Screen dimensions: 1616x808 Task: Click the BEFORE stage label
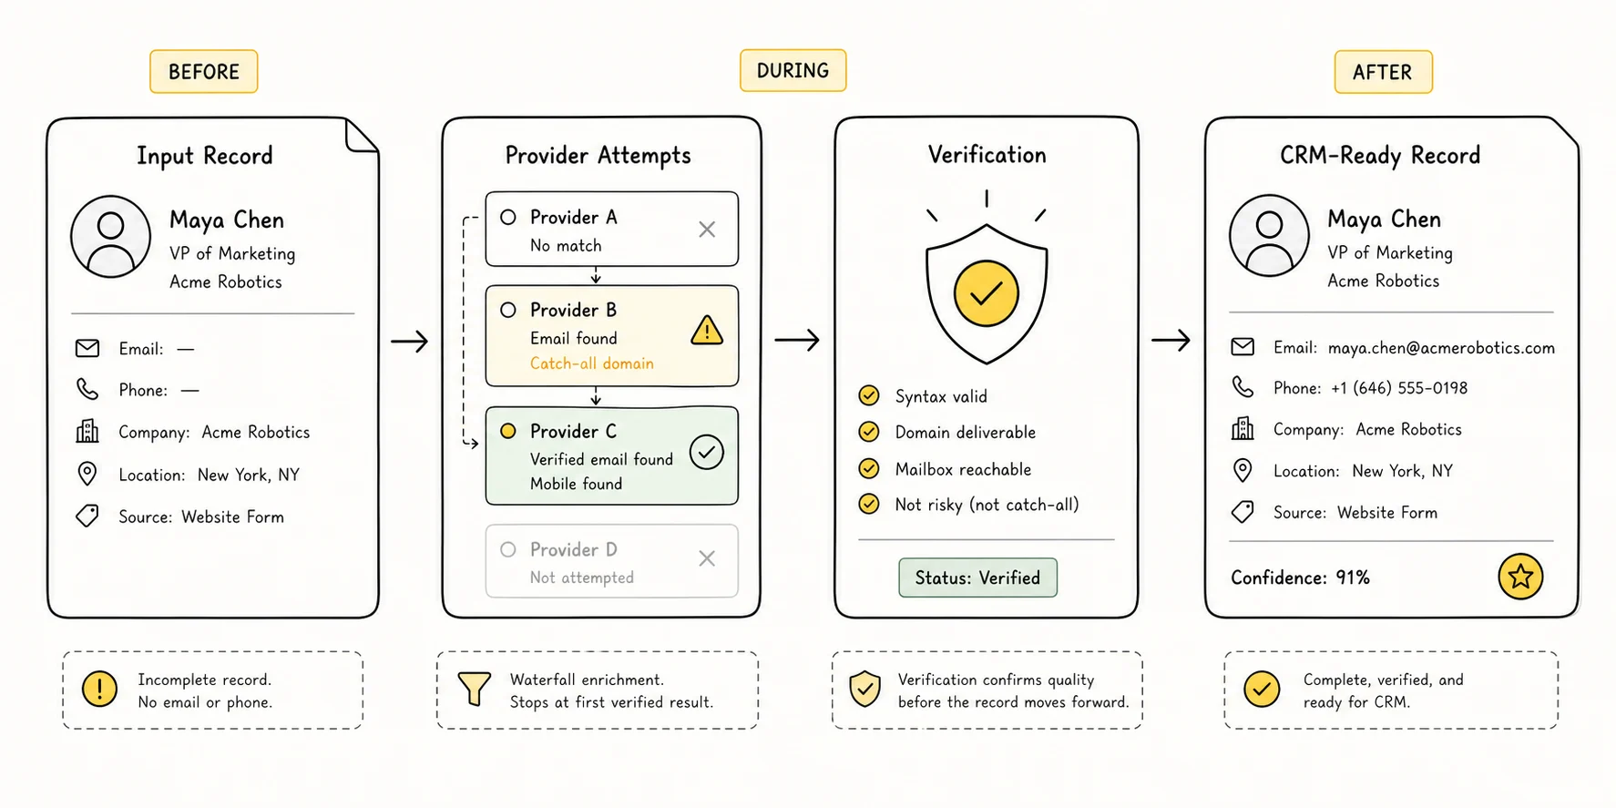204,72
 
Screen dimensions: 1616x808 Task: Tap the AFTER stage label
1383,72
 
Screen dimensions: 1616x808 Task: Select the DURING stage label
793,70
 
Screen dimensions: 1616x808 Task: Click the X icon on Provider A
707,230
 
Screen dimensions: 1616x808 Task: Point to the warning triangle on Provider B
707,330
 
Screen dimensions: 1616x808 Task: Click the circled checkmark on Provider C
707,452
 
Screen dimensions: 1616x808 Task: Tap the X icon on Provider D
707,558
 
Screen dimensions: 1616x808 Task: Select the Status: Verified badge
977,578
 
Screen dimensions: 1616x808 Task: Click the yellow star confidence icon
1520,576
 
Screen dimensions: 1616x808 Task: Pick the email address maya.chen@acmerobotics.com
1441,348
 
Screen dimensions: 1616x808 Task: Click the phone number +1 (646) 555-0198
1399,388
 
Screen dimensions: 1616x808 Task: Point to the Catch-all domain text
592,363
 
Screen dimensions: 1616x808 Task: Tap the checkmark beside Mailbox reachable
869,468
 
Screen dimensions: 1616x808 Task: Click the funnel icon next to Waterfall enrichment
474,689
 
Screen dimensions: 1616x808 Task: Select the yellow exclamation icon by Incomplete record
99,689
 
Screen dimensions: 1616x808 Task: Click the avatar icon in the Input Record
111,236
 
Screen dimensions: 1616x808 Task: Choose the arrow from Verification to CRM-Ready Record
1171,341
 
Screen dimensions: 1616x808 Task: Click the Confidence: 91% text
1300,578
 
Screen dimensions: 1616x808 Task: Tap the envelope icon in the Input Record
87,348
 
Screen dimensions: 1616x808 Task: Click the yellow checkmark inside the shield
987,293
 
